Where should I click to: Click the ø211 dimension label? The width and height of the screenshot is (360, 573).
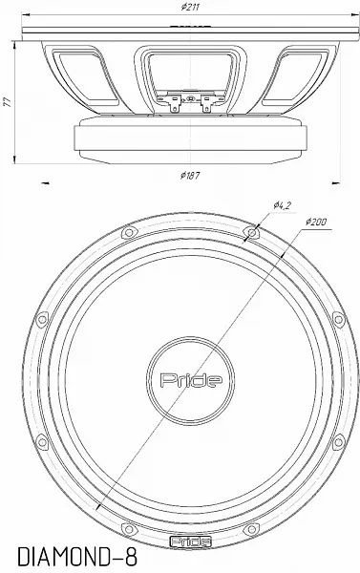[190, 7]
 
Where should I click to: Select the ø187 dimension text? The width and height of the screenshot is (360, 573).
[190, 176]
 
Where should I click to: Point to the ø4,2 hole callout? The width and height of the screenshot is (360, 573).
[282, 205]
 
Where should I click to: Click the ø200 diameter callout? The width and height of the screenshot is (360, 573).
[316, 222]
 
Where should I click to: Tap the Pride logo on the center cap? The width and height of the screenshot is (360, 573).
[191, 380]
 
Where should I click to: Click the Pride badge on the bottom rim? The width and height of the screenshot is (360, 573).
[191, 541]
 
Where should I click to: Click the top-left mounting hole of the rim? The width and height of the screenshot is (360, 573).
[129, 232]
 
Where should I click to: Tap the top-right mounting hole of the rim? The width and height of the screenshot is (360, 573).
[251, 232]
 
